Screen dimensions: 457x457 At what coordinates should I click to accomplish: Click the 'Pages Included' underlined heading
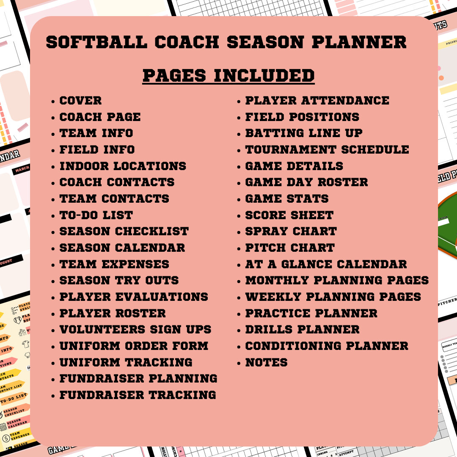point(228,76)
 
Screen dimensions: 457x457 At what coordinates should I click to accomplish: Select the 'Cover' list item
point(80,101)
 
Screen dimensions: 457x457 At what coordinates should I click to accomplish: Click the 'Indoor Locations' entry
point(123,166)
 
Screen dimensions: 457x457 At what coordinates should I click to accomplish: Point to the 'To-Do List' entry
point(96,215)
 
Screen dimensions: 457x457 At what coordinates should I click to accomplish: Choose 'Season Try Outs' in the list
point(119,280)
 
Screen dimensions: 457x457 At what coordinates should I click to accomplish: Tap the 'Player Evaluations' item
point(134,297)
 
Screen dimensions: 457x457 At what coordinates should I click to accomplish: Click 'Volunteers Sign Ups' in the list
point(135,329)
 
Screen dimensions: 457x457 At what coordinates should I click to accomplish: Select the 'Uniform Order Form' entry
point(134,346)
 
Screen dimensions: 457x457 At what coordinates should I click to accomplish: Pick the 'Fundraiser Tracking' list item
point(138,395)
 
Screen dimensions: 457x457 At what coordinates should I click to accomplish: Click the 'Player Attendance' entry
point(317,101)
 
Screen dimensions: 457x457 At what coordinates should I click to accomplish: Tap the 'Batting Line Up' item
point(304,133)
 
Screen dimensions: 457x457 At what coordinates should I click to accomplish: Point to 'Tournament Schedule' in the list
point(327,149)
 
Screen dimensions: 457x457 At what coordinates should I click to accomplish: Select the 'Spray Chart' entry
point(291,231)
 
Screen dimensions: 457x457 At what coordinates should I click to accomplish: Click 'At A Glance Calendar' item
point(326,264)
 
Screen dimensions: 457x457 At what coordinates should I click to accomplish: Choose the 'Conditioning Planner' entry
point(327,346)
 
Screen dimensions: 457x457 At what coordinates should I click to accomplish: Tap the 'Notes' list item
point(266,362)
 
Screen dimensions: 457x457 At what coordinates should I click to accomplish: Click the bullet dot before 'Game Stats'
point(240,199)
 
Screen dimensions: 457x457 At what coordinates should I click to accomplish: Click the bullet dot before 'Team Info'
point(53,134)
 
